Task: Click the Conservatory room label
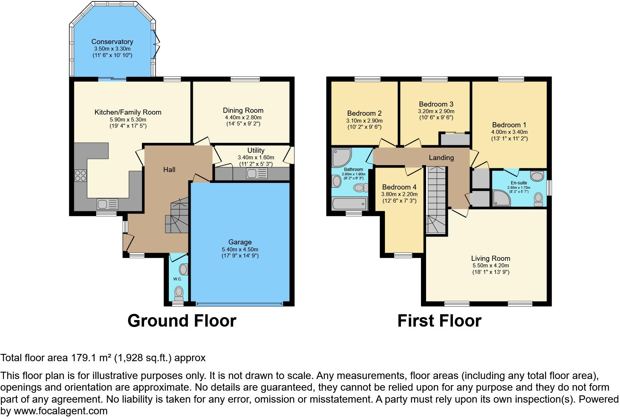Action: tap(112, 41)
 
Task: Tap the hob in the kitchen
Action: tap(80, 175)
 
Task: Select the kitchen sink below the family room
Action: tap(107, 204)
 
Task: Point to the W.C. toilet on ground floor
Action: tap(179, 292)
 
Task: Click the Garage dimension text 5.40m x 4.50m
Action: tap(240, 249)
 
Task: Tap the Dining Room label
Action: tap(243, 110)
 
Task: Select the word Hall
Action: tap(169, 169)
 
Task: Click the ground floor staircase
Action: tap(177, 216)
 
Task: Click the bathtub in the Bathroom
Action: tap(350, 204)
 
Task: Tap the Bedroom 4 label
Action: tap(399, 187)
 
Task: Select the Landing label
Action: tap(441, 157)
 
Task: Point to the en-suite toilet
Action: tap(538, 199)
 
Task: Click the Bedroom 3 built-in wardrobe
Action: tap(455, 140)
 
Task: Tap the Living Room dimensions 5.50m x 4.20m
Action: tap(490, 266)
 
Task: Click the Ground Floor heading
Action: tap(182, 321)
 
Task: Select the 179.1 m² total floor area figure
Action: tap(91, 358)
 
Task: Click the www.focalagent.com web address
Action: tap(60, 411)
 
